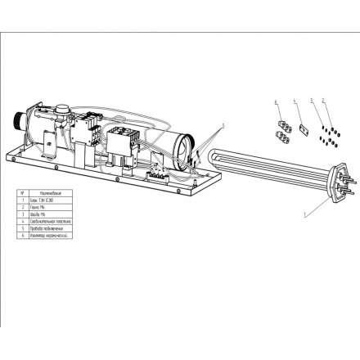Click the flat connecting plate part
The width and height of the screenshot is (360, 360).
(x=299, y=129)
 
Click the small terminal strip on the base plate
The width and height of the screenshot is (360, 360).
(x=160, y=174)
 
